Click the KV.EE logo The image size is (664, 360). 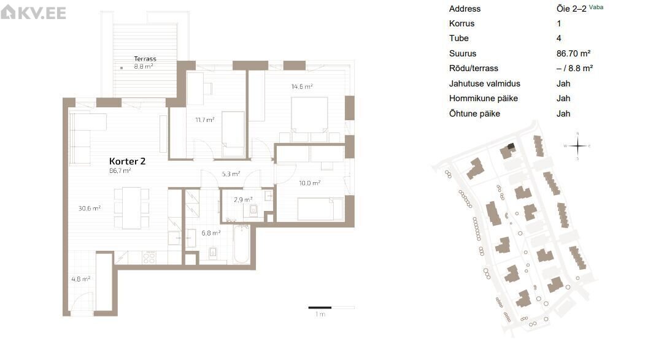click(x=34, y=12)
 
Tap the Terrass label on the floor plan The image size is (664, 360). click(x=145, y=59)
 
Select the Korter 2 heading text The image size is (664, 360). click(x=127, y=161)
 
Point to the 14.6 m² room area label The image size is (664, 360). click(x=302, y=86)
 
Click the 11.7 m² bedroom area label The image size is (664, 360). click(x=205, y=120)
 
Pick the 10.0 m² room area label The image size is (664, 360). click(x=309, y=183)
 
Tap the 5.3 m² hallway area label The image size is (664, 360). click(x=231, y=174)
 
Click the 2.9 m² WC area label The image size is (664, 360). click(x=243, y=200)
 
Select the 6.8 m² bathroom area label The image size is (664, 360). click(x=211, y=233)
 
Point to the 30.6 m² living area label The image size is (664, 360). click(x=90, y=209)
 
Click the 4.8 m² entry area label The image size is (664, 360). click(x=80, y=279)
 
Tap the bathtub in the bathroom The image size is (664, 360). click(x=241, y=245)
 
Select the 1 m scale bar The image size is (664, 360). click(x=331, y=307)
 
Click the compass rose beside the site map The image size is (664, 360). click(x=577, y=147)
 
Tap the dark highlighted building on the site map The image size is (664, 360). click(x=511, y=147)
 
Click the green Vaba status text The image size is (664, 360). click(x=596, y=7)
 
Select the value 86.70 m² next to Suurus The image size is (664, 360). click(x=573, y=53)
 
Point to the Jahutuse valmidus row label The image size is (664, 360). click(x=484, y=84)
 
